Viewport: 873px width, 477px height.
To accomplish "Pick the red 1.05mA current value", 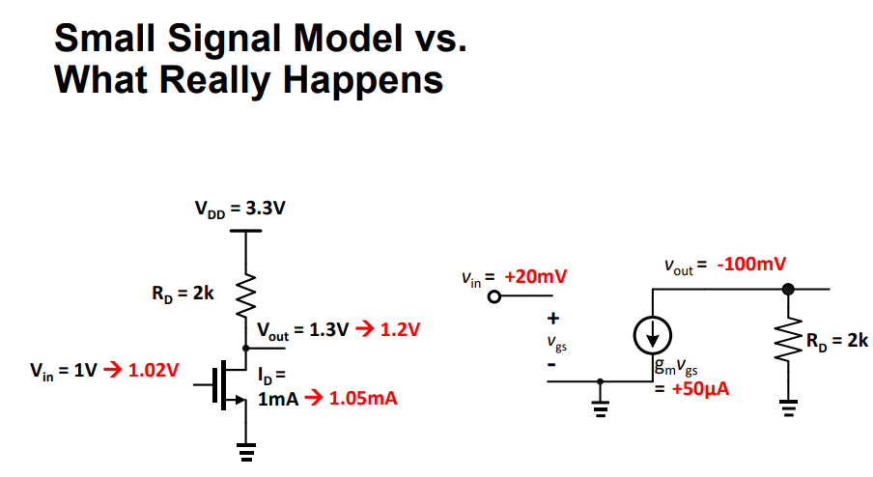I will click(363, 398).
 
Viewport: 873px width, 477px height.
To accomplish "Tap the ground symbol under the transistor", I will click(246, 449).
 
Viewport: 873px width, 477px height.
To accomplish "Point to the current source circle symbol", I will click(654, 334).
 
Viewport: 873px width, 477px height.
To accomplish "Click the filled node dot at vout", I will click(788, 288).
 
